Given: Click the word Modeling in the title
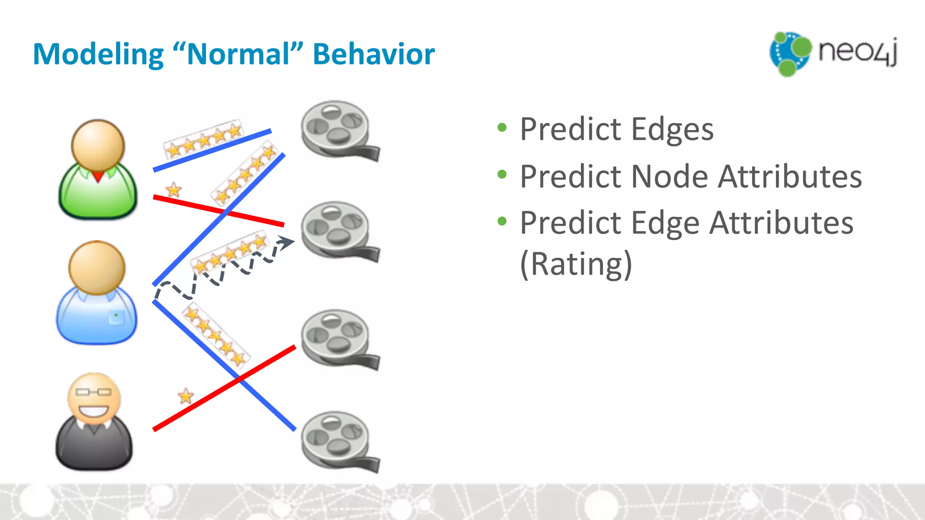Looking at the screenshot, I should point(98,55).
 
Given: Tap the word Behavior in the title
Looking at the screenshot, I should point(374,55).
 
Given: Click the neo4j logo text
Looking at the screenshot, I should point(857,52).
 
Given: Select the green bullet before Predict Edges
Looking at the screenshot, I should point(502,128).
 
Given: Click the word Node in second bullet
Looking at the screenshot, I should point(670,176).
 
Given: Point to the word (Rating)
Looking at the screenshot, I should point(576,265).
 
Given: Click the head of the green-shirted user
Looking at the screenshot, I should point(98,146).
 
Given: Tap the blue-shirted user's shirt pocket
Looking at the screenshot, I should point(117,317).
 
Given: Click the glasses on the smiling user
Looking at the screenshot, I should point(93,392).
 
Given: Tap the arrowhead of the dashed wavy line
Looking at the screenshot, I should point(286,242).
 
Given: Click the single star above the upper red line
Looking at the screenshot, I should point(173,190).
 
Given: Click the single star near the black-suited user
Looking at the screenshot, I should point(186,396).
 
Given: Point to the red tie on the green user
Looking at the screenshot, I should point(98,176).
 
